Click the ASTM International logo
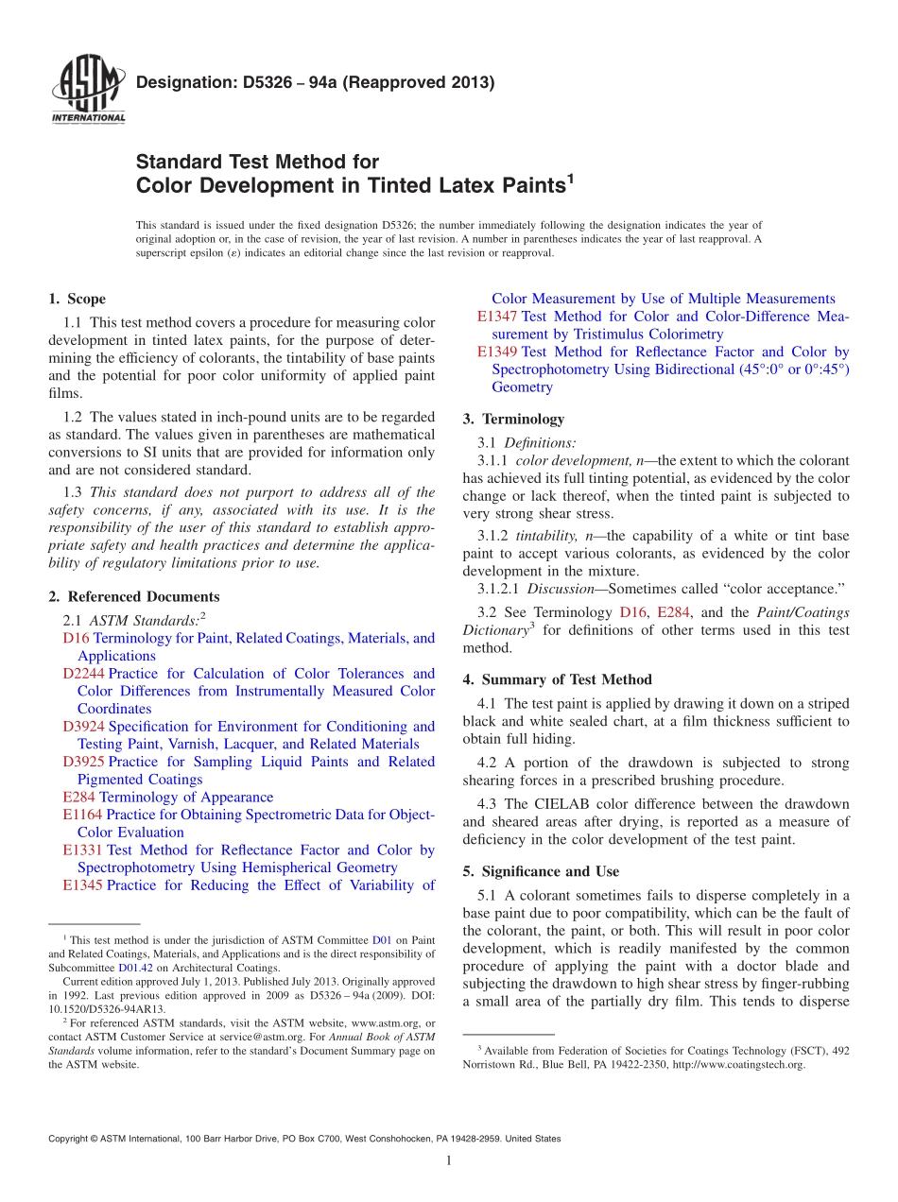click(x=88, y=91)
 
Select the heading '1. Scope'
click(x=77, y=299)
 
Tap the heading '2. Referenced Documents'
click(x=133, y=596)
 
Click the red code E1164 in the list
click(x=82, y=815)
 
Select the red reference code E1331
click(x=82, y=850)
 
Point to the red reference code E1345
click(x=82, y=885)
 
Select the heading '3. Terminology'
click(x=513, y=419)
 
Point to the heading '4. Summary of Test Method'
click(x=557, y=679)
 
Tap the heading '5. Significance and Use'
click(x=541, y=871)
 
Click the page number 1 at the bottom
click(x=448, y=1160)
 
